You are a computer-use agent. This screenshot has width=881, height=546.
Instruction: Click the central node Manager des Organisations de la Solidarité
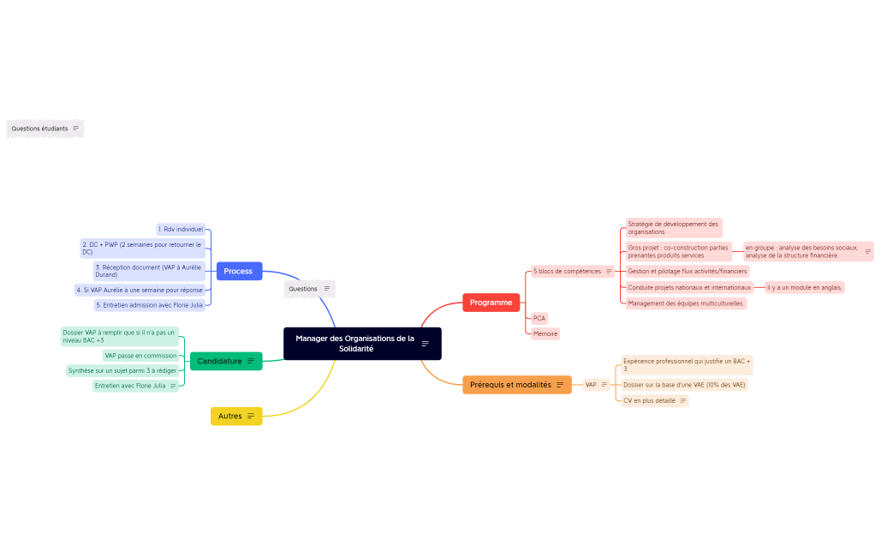355,344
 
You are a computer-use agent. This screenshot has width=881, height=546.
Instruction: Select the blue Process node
238,271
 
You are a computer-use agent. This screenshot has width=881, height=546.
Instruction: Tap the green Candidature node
220,361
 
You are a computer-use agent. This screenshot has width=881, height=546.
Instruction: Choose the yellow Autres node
230,416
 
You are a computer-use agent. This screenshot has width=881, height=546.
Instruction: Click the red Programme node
491,303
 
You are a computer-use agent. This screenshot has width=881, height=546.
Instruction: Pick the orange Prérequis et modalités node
511,385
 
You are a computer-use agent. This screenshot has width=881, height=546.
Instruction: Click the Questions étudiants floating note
39,129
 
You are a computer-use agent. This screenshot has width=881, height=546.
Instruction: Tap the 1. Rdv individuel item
181,230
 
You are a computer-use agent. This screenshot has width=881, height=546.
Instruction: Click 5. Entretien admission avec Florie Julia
150,305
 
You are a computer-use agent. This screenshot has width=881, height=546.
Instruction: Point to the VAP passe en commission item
140,356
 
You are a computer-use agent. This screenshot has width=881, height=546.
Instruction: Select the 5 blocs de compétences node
567,272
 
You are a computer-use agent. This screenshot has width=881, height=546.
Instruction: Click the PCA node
539,318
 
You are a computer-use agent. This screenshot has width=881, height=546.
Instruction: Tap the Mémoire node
545,333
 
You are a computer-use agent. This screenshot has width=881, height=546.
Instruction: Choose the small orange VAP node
591,385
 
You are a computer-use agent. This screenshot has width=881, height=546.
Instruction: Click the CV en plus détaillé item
649,400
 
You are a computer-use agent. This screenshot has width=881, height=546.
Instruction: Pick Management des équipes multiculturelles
686,303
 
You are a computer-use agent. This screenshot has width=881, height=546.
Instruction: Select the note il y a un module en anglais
803,288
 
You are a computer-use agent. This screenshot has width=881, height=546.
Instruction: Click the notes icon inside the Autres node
251,416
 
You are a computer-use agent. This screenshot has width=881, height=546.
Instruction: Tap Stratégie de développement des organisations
672,228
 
